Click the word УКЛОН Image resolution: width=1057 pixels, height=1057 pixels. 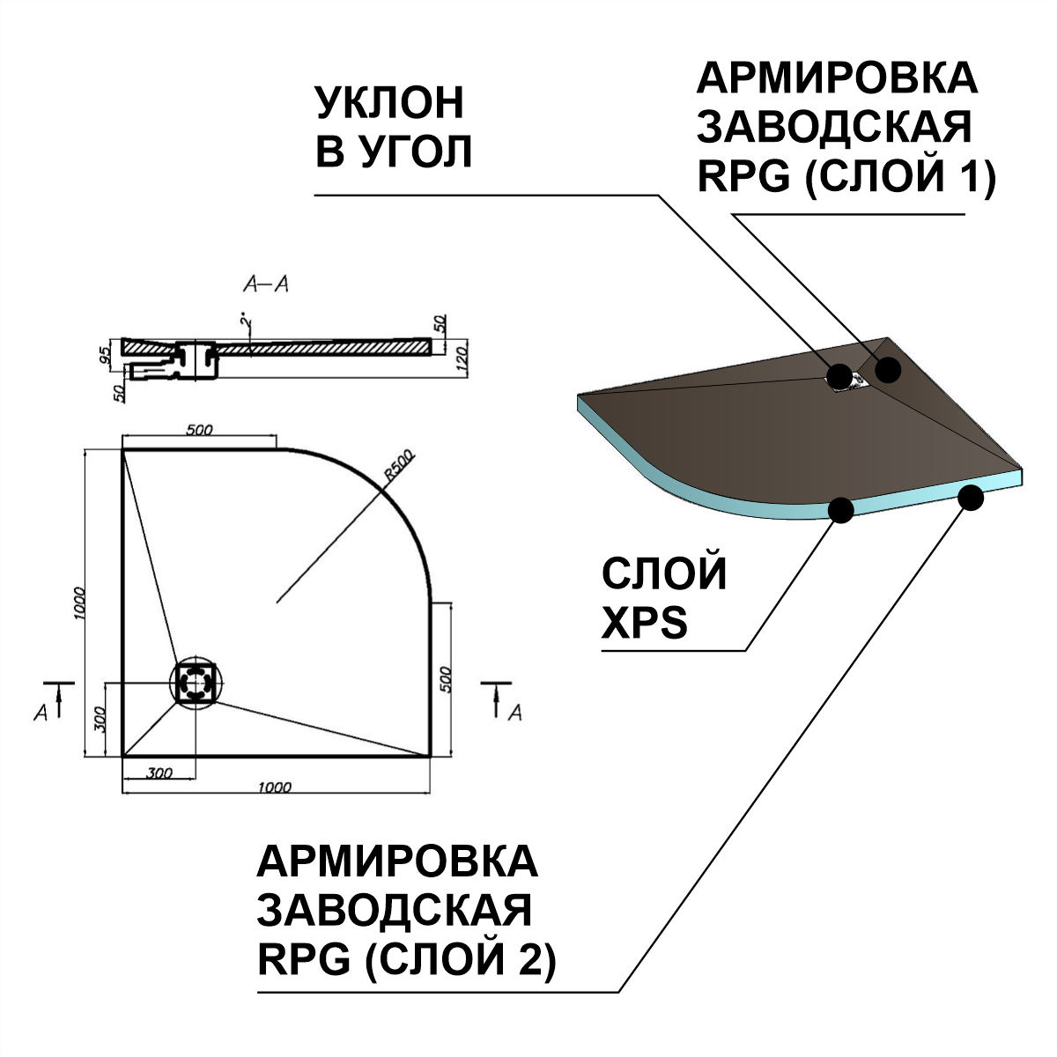pyautogui.click(x=389, y=104)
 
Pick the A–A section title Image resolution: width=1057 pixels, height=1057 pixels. pyautogui.click(x=266, y=285)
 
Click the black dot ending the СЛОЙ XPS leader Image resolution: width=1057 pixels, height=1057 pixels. pyautogui.click(x=841, y=509)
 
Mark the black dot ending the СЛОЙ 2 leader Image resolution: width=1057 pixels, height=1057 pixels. pyautogui.click(x=971, y=498)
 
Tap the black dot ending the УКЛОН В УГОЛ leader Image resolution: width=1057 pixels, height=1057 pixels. pyautogui.click(x=839, y=376)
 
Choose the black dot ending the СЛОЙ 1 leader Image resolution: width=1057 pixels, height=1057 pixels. pyautogui.click(x=888, y=370)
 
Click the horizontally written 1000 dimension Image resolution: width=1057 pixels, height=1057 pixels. pyautogui.click(x=274, y=787)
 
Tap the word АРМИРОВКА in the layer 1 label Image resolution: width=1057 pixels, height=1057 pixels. pyautogui.click(x=837, y=79)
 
